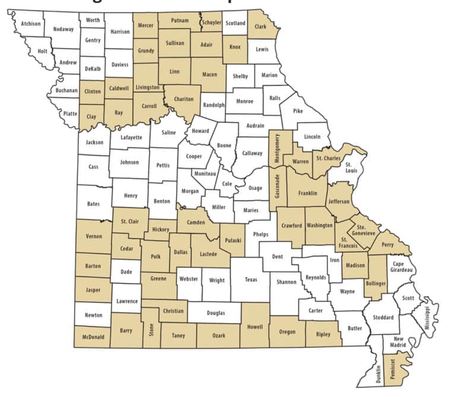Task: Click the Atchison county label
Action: tap(30, 24)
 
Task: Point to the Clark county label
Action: tap(260, 27)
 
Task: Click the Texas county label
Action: tap(251, 279)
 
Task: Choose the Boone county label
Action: tap(224, 145)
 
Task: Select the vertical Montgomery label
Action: tap(276, 148)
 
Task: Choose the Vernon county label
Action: tap(94, 236)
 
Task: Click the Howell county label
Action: tap(255, 326)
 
